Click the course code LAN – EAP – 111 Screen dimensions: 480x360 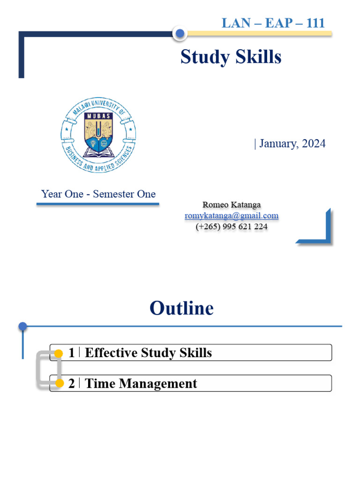(x=273, y=23)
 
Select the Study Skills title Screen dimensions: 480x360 (x=231, y=57)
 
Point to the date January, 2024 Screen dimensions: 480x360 (x=290, y=143)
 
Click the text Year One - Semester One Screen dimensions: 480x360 (x=98, y=194)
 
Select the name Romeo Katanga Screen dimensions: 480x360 (x=232, y=205)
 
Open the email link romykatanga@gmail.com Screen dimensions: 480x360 (x=232, y=216)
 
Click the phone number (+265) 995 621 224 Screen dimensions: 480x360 (x=232, y=226)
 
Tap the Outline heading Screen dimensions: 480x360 (x=181, y=308)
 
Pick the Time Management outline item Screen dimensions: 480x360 (x=141, y=383)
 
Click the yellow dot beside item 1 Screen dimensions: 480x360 (x=59, y=353)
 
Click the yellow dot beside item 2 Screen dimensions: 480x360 (x=59, y=384)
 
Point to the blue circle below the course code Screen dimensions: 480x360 (x=179, y=33)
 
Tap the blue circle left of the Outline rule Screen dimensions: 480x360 (x=22, y=326)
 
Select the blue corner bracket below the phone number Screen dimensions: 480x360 (x=323, y=234)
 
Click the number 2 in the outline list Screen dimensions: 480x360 (x=71, y=383)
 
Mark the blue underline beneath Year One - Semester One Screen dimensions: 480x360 (x=97, y=204)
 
